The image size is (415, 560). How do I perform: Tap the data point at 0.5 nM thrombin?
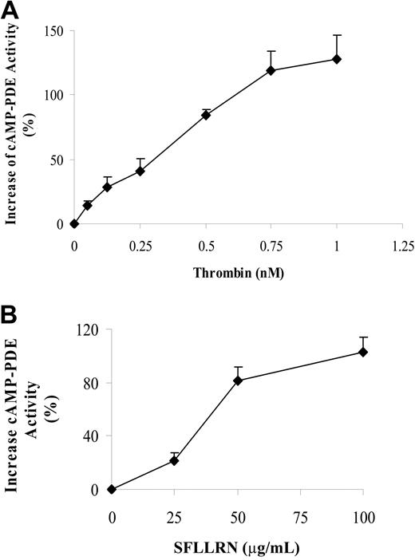(x=205, y=115)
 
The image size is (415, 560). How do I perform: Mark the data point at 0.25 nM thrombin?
(x=140, y=171)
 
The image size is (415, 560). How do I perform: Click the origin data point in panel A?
(x=74, y=223)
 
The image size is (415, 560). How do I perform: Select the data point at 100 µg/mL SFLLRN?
(x=362, y=352)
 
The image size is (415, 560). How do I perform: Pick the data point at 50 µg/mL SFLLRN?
(x=237, y=381)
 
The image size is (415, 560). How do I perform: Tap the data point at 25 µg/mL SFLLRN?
(x=174, y=460)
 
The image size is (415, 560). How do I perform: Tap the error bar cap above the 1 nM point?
(x=337, y=35)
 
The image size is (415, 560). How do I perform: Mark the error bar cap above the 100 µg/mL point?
(x=362, y=337)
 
